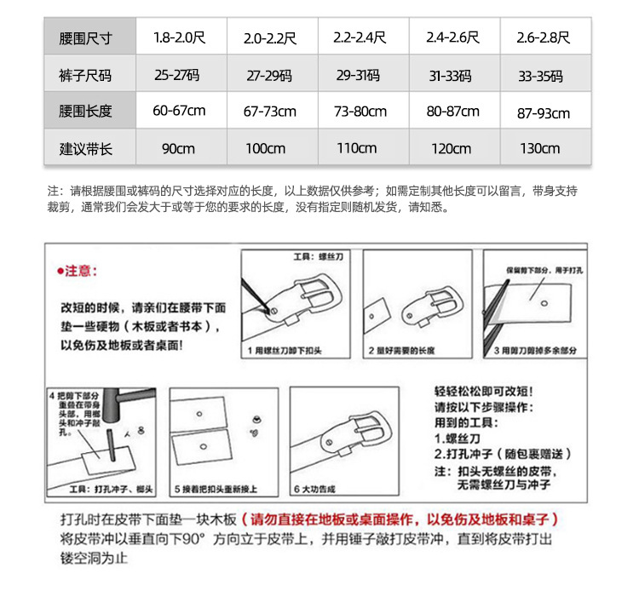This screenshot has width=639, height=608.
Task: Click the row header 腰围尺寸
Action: click(85, 37)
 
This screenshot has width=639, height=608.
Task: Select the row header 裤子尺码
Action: click(85, 76)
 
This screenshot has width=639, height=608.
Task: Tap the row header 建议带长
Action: click(85, 149)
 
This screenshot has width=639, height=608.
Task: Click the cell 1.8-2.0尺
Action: click(180, 37)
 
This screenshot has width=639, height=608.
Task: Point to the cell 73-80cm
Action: click(360, 112)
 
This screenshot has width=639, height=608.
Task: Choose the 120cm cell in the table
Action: click(451, 149)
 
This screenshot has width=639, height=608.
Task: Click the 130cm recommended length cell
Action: click(540, 149)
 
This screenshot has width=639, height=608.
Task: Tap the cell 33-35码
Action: click(540, 76)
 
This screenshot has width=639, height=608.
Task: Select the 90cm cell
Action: click(178, 149)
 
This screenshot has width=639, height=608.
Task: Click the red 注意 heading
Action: click(78, 271)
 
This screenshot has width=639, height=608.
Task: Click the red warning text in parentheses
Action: click(400, 519)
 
